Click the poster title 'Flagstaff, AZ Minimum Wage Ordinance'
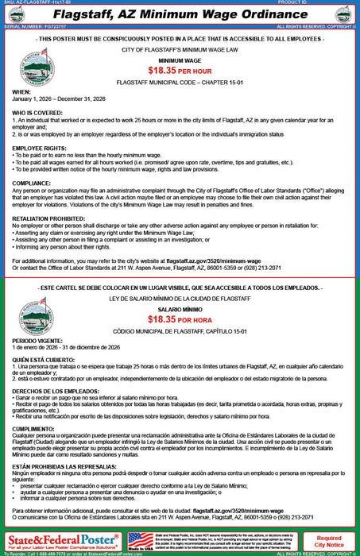(x=180, y=14)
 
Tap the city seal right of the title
(x=343, y=14)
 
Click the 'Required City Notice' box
(x=329, y=541)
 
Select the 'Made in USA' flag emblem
(x=141, y=540)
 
